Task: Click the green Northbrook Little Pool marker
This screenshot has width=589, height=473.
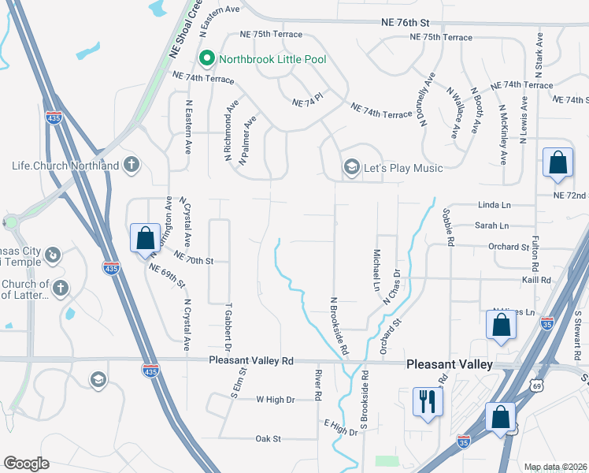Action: click(207, 58)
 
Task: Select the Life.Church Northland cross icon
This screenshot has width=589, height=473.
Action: click(132, 166)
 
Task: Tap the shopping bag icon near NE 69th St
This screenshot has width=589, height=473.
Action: click(146, 238)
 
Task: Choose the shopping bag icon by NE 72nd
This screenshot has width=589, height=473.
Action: click(558, 163)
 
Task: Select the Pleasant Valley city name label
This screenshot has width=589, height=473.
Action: click(450, 364)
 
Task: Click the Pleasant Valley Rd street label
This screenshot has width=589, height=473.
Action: click(251, 360)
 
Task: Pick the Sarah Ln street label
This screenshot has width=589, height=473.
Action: click(492, 225)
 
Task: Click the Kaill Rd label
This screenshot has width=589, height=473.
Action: click(535, 280)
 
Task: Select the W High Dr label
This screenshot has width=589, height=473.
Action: click(275, 400)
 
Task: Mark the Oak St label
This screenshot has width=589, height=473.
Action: click(269, 438)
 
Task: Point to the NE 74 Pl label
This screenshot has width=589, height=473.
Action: click(308, 102)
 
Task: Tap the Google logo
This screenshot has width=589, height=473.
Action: click(26, 464)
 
